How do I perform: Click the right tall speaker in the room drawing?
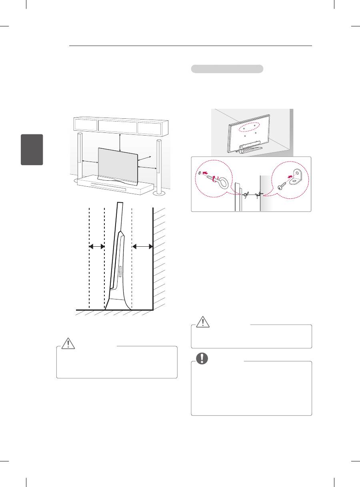pyautogui.click(x=160, y=166)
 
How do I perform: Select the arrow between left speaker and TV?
pyautogui.click(x=90, y=162)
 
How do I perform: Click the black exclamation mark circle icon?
pyautogui.click(x=203, y=358)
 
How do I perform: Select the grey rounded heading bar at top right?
pyautogui.click(x=227, y=69)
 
